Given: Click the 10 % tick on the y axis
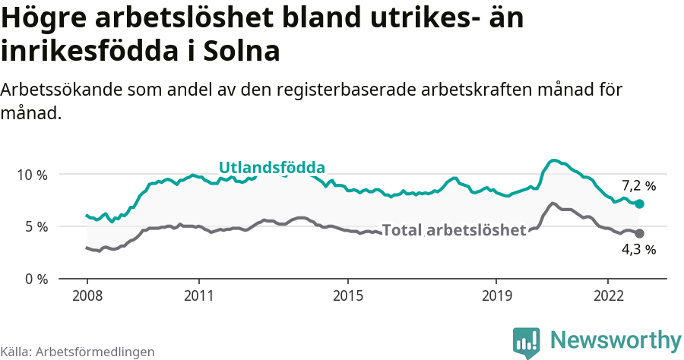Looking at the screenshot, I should (x=32, y=175).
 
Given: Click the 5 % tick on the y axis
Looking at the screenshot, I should (x=32, y=226).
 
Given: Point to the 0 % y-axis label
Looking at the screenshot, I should (x=32, y=279).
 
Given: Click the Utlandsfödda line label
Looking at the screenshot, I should (x=272, y=168).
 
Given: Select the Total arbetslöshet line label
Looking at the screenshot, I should (x=454, y=230).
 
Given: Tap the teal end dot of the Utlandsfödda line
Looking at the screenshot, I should (x=639, y=204).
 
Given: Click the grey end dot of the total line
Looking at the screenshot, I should (x=639, y=233).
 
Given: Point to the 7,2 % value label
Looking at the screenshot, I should (x=638, y=185).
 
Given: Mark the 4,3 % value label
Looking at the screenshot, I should (x=638, y=249).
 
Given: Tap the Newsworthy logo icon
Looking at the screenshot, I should (x=527, y=341).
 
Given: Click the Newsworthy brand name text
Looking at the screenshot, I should (x=615, y=339).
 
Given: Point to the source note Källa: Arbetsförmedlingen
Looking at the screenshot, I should (x=78, y=352).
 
